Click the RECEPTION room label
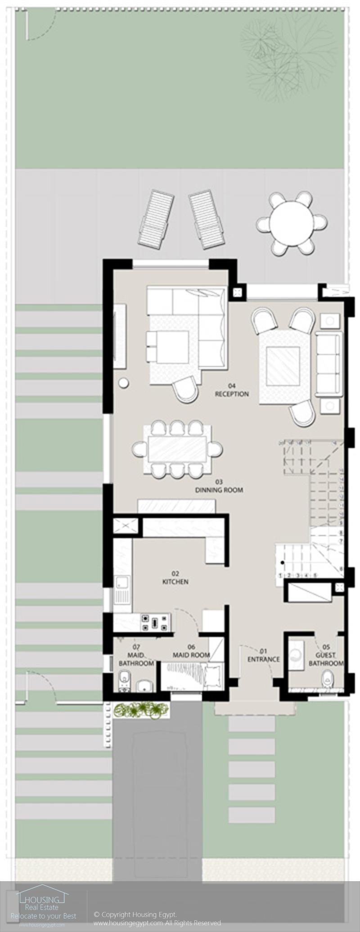coord(232,394)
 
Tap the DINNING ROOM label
coord(219,490)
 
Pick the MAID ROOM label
coord(191,655)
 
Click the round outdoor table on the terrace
coord(292,222)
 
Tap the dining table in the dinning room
coord(177,448)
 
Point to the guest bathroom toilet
coord(327,678)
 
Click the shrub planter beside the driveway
coord(140,710)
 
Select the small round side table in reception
coord(123,383)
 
